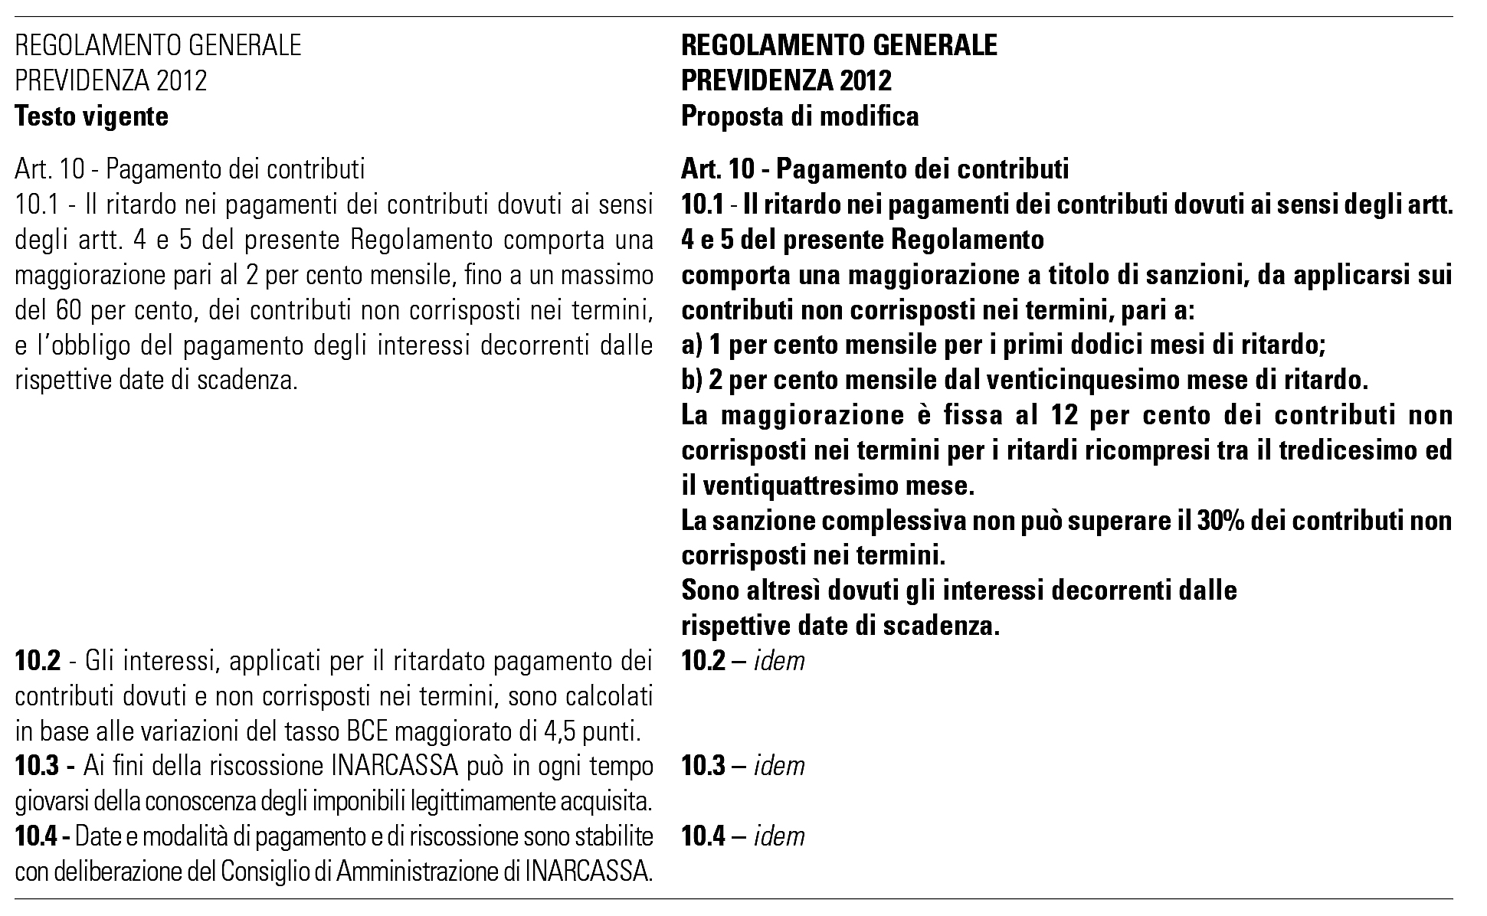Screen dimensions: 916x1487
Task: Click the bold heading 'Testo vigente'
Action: point(91,116)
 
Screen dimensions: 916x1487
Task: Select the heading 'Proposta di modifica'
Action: point(800,116)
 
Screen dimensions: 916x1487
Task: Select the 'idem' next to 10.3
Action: point(779,766)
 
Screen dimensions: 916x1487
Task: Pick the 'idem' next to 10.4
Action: point(779,836)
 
